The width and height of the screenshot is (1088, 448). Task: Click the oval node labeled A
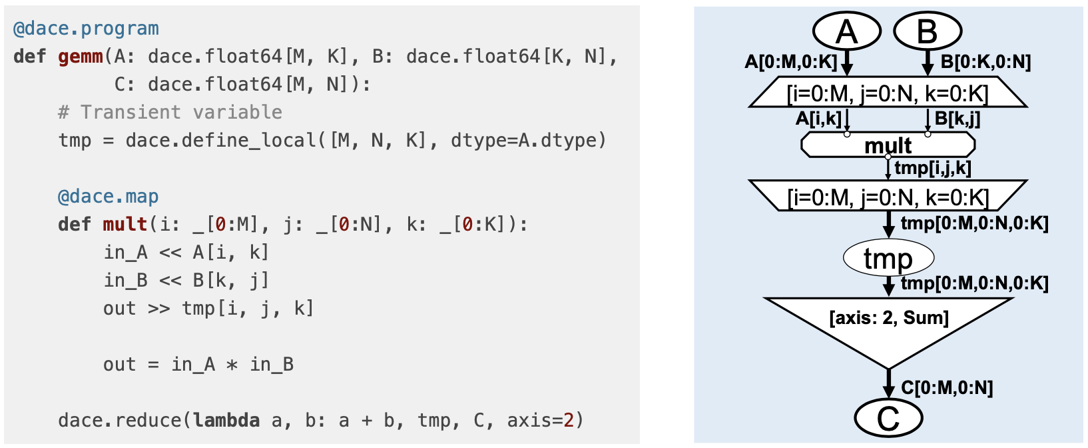point(847,31)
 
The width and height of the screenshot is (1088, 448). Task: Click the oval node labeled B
point(927,31)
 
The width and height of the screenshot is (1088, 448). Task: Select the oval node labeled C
point(888,418)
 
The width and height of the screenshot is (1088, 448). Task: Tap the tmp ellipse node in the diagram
point(888,258)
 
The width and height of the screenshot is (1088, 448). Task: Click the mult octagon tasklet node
point(888,145)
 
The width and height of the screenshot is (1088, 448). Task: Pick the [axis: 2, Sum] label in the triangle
point(888,317)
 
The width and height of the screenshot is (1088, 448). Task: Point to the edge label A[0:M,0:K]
point(790,62)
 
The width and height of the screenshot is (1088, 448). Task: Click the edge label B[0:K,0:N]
point(985,62)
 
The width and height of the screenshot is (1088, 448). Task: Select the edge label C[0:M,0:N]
point(947,387)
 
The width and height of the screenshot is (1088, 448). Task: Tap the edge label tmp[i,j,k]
point(932,168)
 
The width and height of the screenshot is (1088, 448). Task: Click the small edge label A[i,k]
point(818,119)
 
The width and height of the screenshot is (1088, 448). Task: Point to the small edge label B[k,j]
point(957,119)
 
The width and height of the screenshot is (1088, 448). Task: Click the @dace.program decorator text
point(86,29)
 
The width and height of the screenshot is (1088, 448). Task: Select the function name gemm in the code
point(80,57)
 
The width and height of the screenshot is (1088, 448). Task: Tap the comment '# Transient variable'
point(170,112)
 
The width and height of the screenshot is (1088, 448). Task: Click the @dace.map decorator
point(108,197)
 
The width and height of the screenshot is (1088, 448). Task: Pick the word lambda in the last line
point(226,421)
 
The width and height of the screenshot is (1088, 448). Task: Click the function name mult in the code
point(125,225)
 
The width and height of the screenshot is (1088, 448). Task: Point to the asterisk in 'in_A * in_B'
point(232,365)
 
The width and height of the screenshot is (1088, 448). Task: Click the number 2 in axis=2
point(568,421)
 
